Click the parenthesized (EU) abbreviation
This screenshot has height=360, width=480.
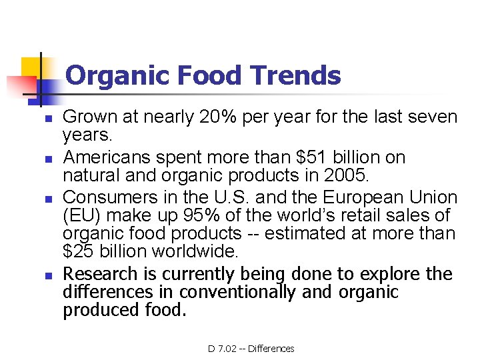[83, 216]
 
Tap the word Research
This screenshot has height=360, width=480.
[107, 274]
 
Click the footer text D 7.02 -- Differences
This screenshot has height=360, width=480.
[251, 348]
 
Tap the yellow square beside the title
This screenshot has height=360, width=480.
[31, 68]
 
